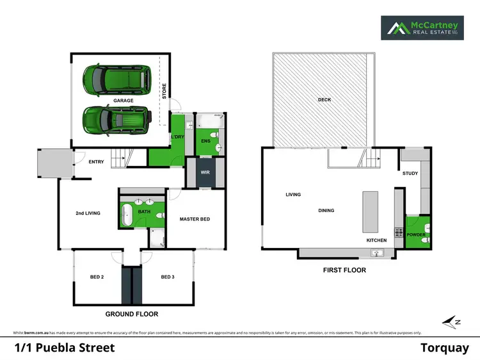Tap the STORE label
[x=164, y=92]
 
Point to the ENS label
[x=205, y=140]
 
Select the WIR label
[x=205, y=172]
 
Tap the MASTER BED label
[x=195, y=219]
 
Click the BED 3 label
[x=167, y=277]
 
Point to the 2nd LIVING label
[x=88, y=213]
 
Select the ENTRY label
[x=96, y=161]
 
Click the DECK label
[x=324, y=99]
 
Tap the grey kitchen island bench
[x=371, y=212]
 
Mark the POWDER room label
[x=415, y=234]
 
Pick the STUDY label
[x=410, y=173]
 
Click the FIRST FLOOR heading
[x=345, y=270]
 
